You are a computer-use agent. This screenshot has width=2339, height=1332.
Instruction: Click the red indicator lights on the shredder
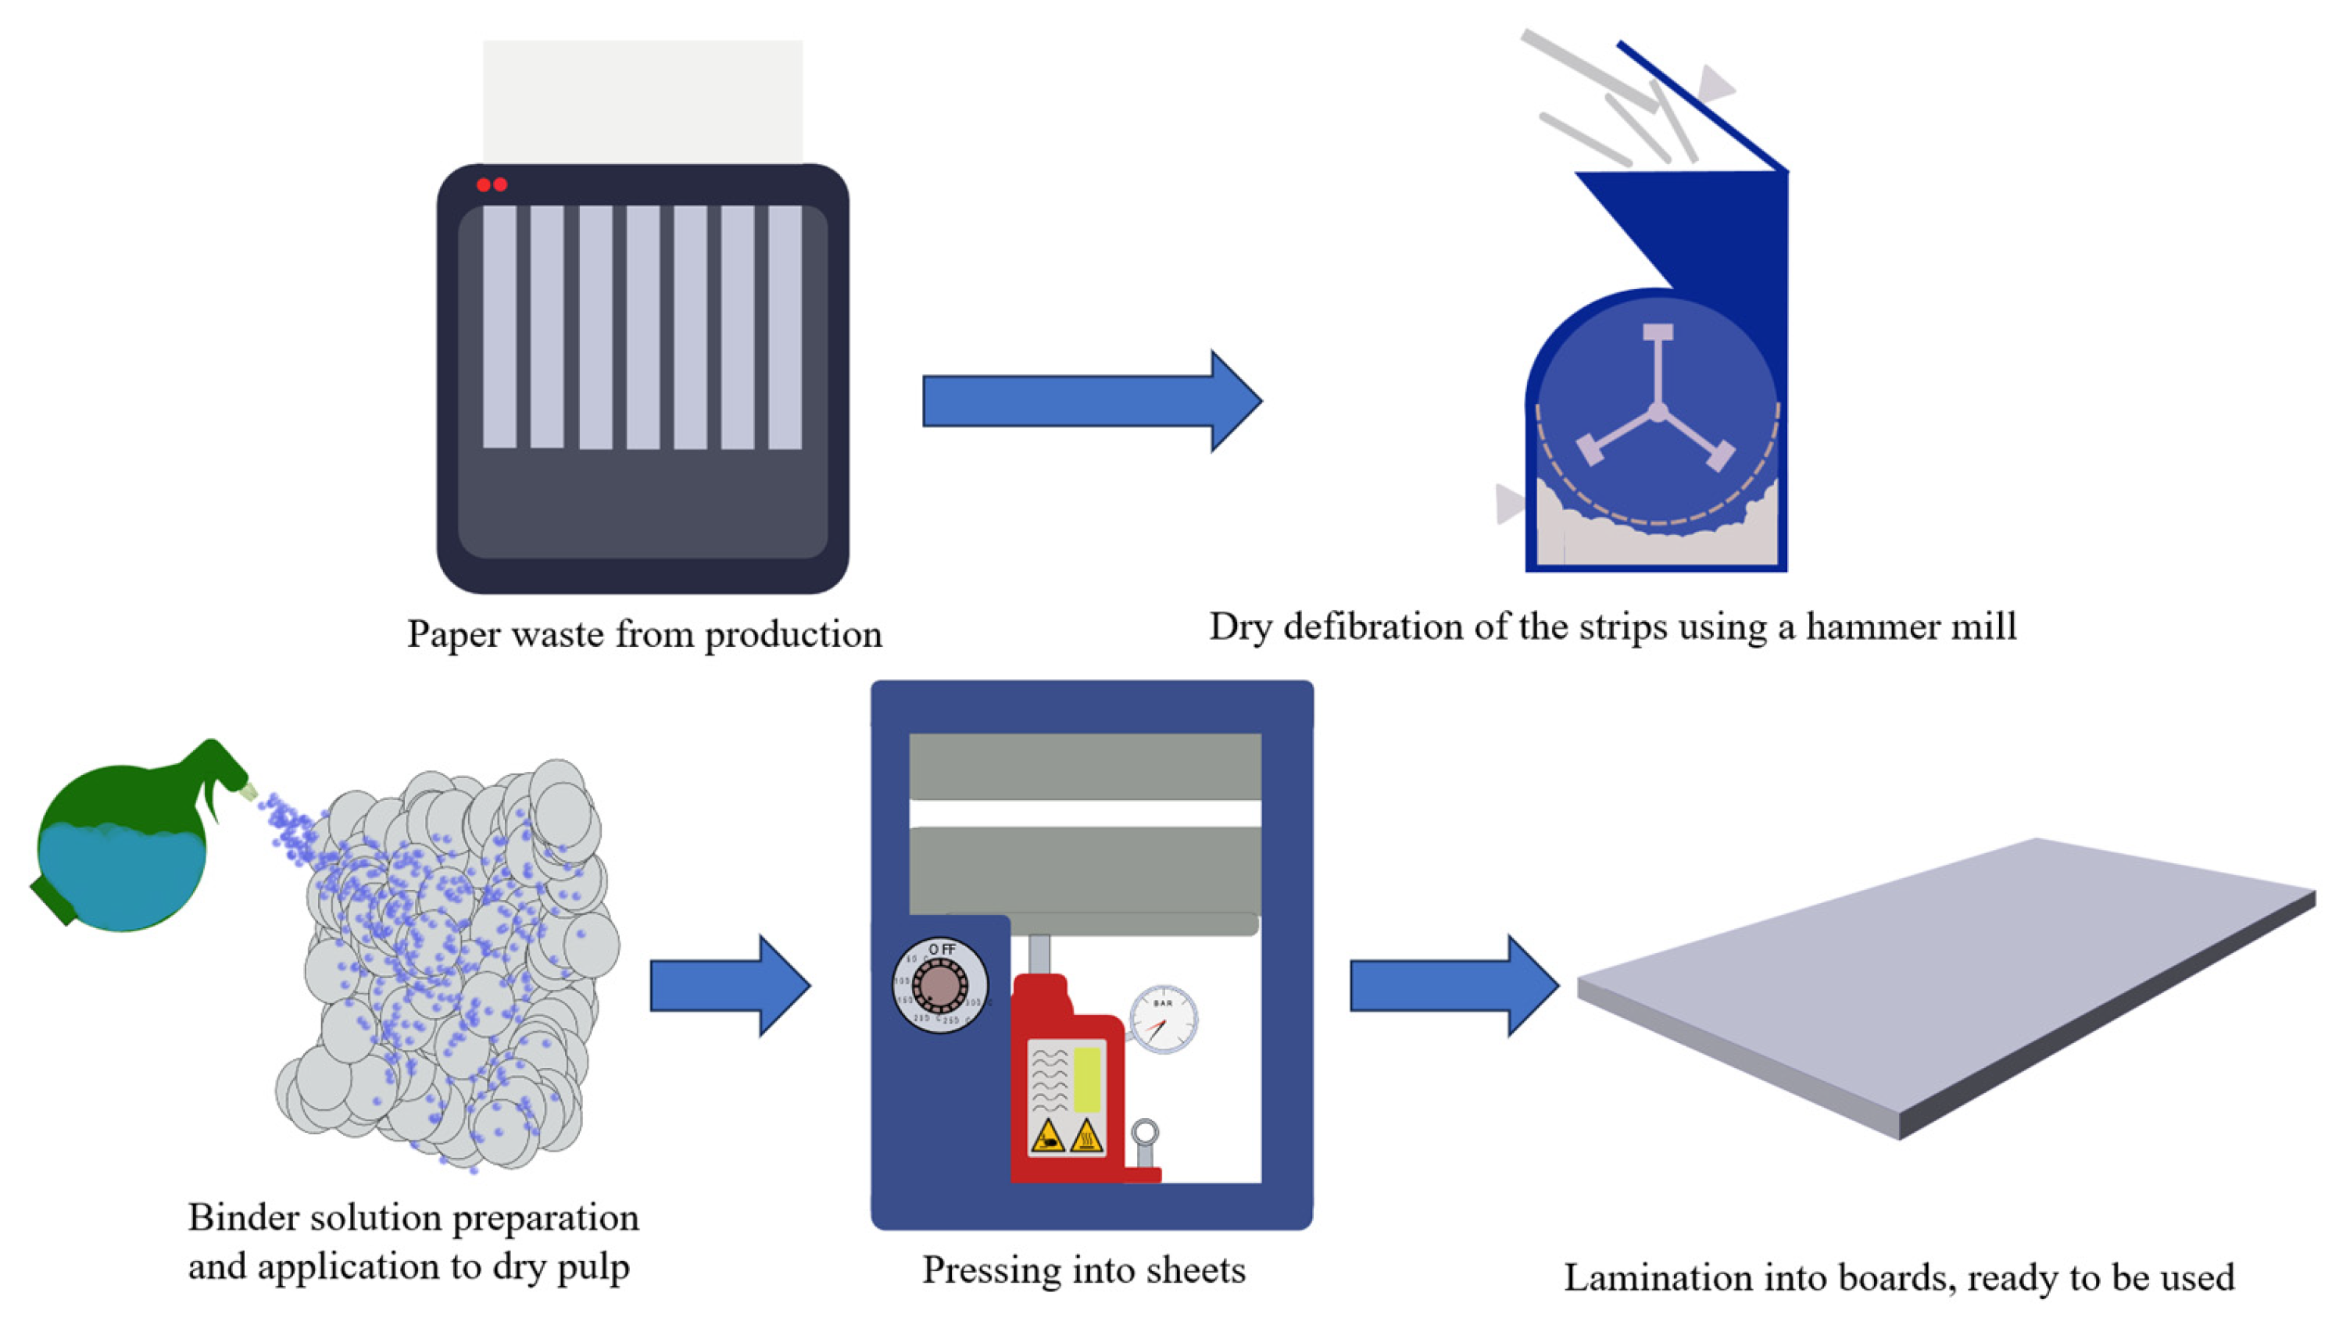[x=492, y=185]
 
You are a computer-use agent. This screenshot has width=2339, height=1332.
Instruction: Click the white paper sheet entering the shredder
[x=642, y=101]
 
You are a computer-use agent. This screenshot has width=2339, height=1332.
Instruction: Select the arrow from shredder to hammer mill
[x=1089, y=401]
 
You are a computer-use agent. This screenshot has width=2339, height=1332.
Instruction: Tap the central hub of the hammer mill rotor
[x=1658, y=412]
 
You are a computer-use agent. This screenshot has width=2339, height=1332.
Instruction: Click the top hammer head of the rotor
[x=1658, y=333]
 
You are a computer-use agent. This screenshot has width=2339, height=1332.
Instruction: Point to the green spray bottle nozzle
[x=247, y=791]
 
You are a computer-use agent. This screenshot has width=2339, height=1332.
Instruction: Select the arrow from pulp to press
[x=728, y=985]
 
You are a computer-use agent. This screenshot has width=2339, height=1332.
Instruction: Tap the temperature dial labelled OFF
[x=940, y=986]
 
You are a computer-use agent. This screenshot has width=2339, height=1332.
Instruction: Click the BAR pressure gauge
[x=1162, y=1018]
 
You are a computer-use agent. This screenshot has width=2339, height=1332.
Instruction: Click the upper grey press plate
[x=1085, y=766]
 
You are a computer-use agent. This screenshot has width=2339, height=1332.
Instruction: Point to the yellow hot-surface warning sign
[x=1085, y=1137]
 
